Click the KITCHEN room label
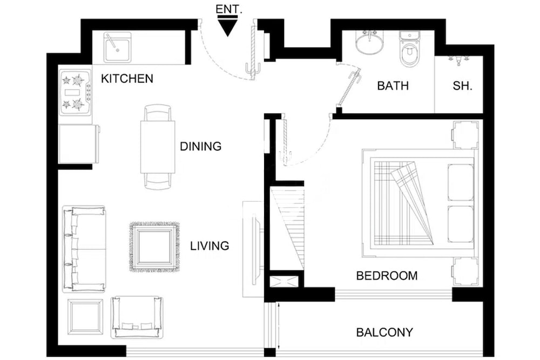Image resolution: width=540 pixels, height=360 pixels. pyautogui.click(x=127, y=79)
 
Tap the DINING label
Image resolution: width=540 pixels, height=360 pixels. pyautogui.click(x=201, y=146)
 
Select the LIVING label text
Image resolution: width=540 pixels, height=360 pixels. pyautogui.click(x=210, y=246)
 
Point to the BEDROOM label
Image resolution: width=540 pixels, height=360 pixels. pyautogui.click(x=387, y=276)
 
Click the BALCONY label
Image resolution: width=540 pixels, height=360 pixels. pyautogui.click(x=384, y=332)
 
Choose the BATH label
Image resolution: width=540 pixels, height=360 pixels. pyautogui.click(x=393, y=85)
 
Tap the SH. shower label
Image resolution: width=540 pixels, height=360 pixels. pyautogui.click(x=462, y=85)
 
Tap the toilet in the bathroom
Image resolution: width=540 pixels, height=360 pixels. pyautogui.click(x=410, y=50)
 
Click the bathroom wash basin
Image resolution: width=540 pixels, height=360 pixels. pyautogui.click(x=370, y=43)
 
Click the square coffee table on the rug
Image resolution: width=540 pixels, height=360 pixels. pyautogui.click(x=154, y=247)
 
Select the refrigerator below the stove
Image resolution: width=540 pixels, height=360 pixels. pyautogui.click(x=78, y=144)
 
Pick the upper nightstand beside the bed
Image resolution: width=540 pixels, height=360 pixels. pyautogui.click(x=465, y=134)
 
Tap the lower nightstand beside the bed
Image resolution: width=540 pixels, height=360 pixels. pyautogui.click(x=465, y=271)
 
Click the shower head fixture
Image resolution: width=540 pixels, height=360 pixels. pyautogui.click(x=458, y=60)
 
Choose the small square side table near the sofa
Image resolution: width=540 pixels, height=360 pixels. pyautogui.click(x=85, y=316)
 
